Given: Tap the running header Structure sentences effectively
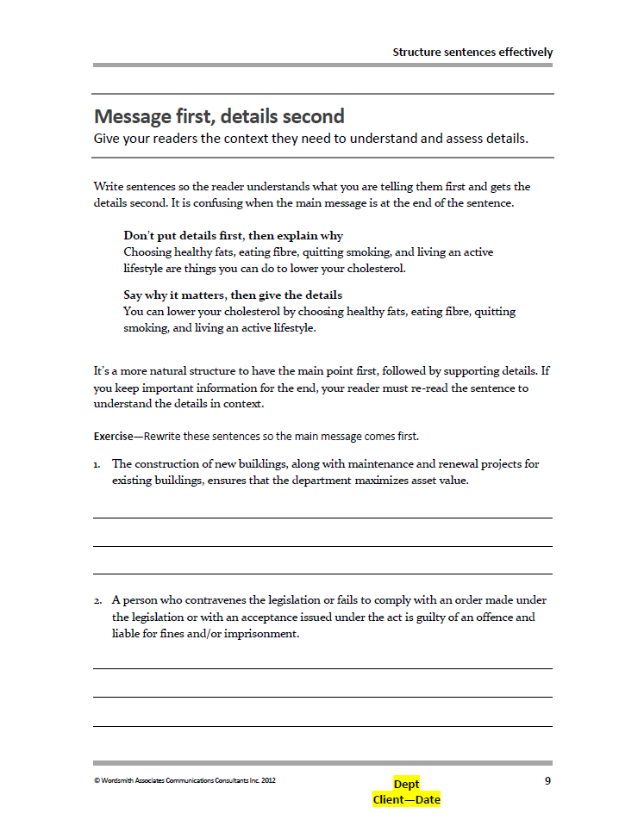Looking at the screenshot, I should click(x=472, y=52).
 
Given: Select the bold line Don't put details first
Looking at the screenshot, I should click(x=233, y=235).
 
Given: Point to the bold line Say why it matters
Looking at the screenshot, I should click(x=233, y=295).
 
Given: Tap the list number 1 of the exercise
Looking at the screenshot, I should click(x=97, y=464).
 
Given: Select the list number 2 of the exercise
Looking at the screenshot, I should click(x=97, y=600).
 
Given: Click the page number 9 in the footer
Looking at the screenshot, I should click(x=547, y=781).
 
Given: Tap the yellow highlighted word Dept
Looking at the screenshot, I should click(x=406, y=784).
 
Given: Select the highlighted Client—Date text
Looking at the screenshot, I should click(x=406, y=800).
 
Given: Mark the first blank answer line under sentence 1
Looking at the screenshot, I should click(x=322, y=518).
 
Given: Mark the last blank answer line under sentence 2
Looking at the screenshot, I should click(x=322, y=726).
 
